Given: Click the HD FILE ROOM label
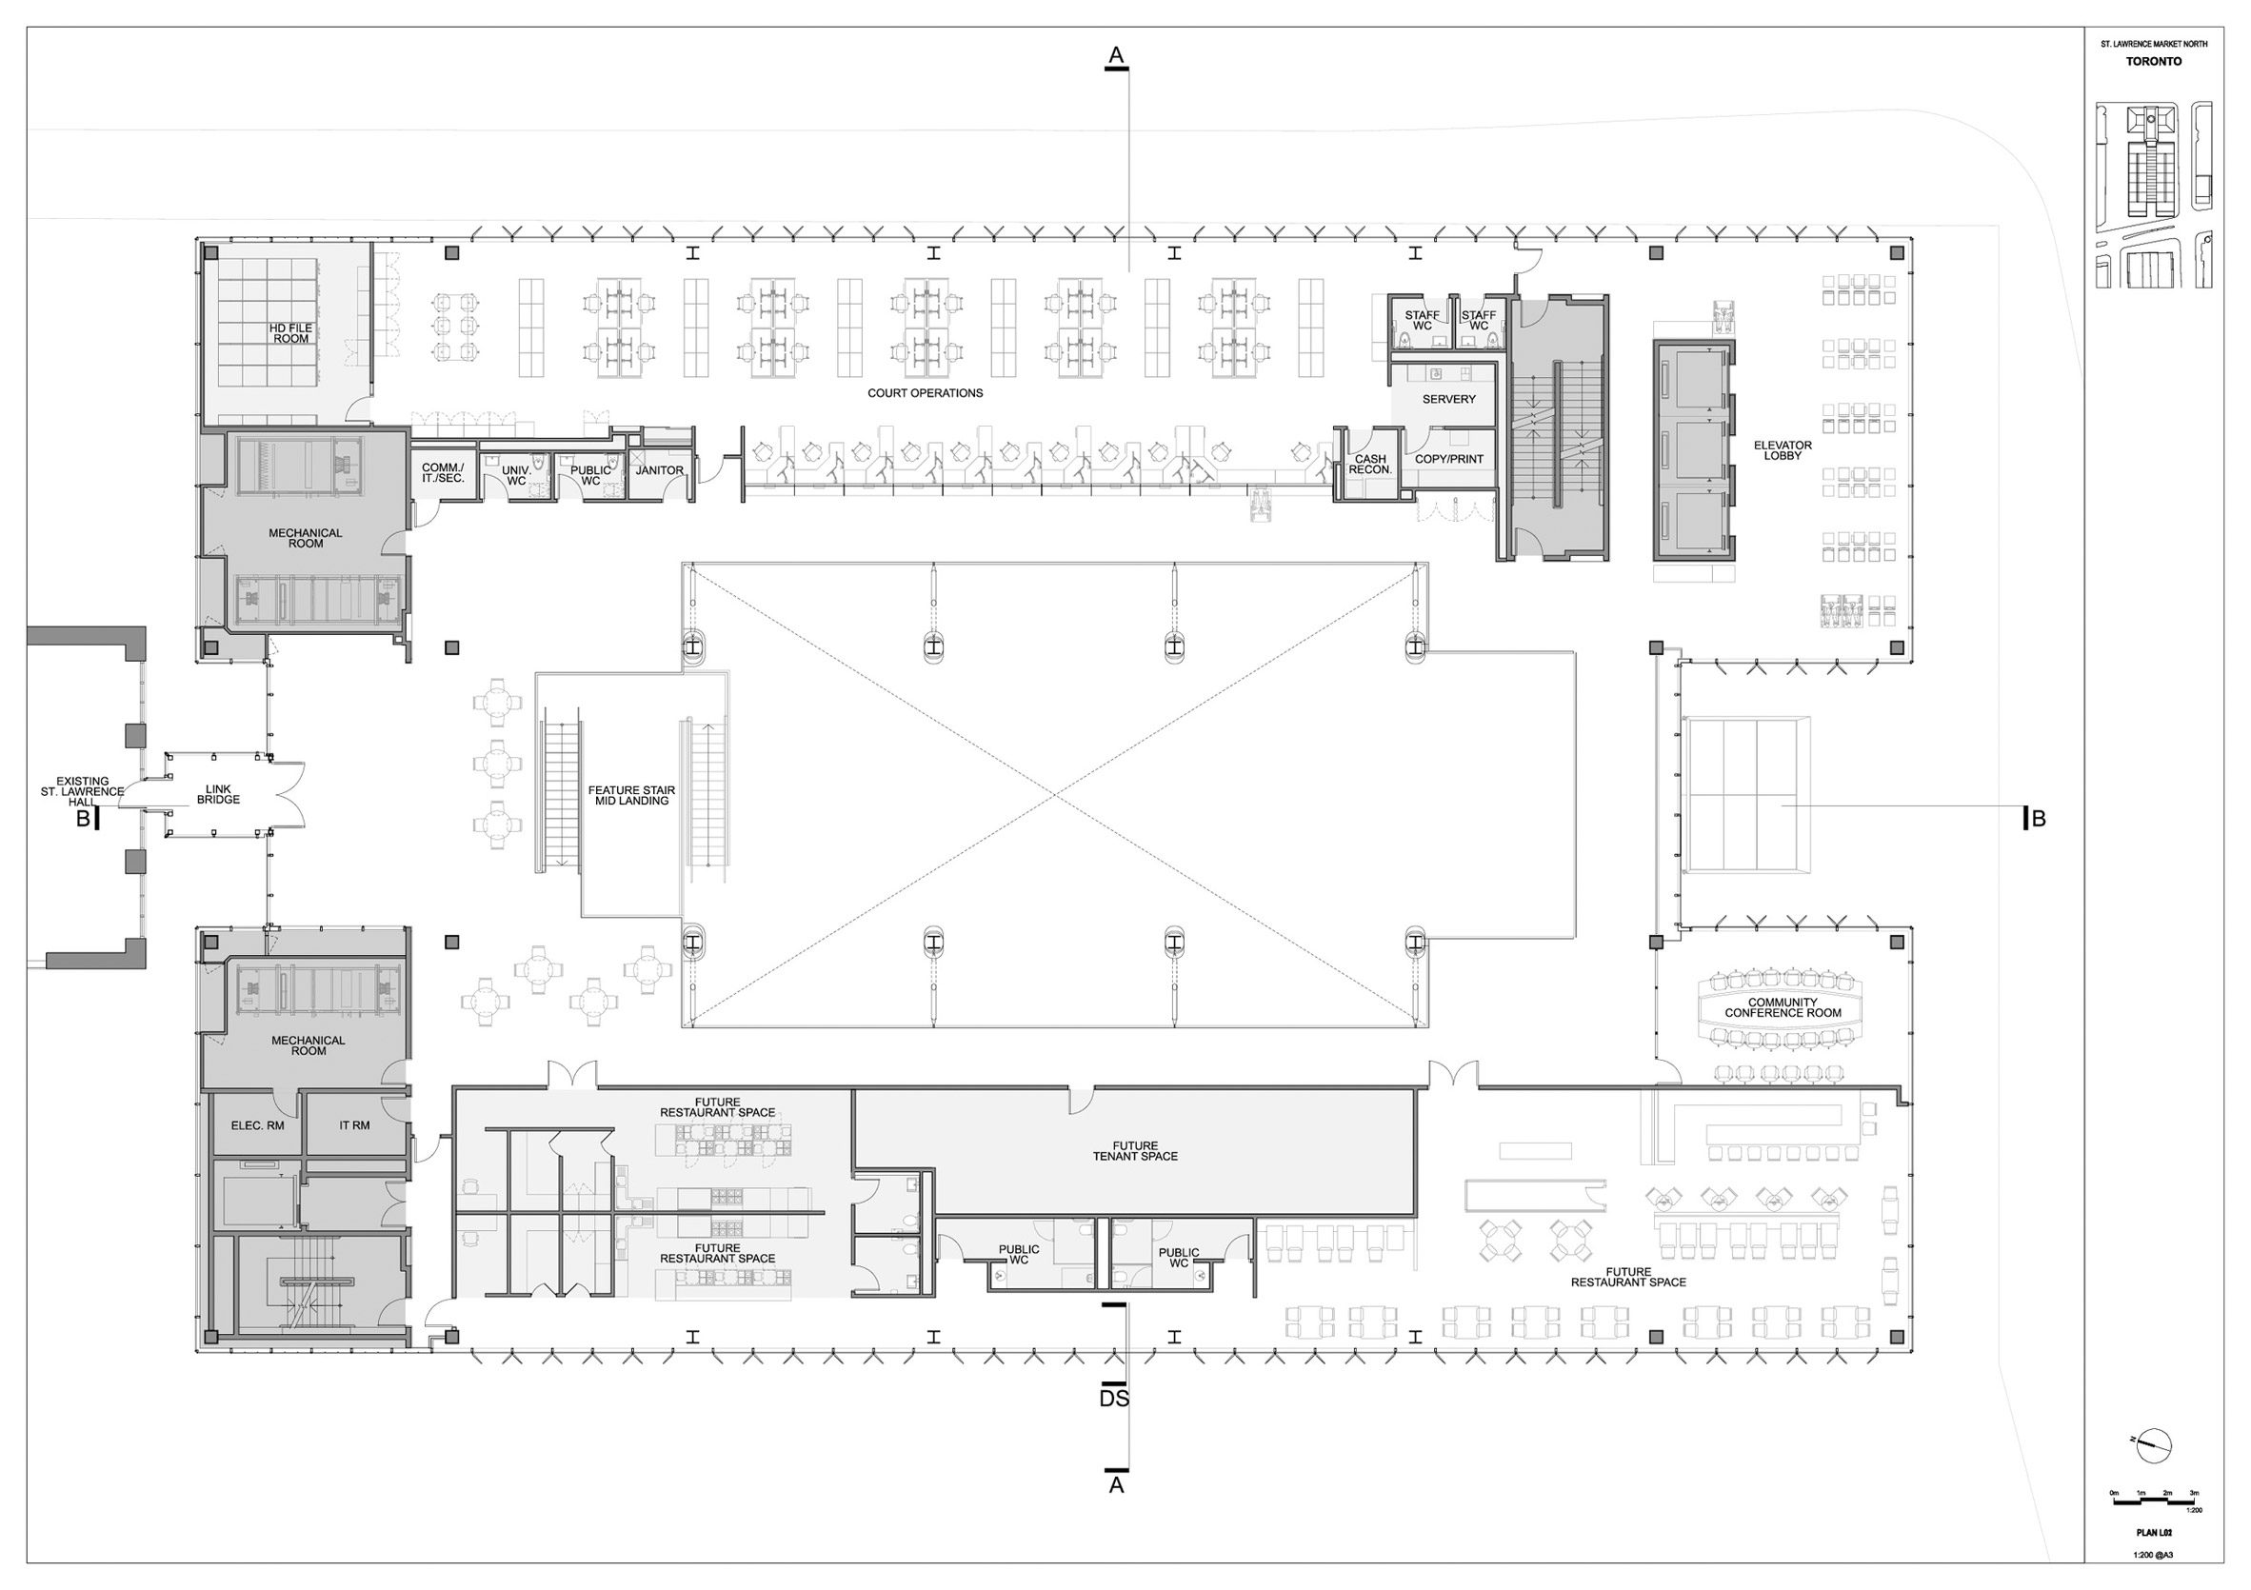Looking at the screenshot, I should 290,333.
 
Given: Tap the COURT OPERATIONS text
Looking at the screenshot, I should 925,393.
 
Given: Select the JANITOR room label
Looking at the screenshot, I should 660,470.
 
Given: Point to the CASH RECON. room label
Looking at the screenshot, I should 1369,465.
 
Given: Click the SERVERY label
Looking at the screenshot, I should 1448,399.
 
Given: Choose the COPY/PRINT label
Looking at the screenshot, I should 1448,459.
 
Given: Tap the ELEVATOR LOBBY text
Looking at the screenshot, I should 1783,451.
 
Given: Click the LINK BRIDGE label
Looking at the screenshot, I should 218,794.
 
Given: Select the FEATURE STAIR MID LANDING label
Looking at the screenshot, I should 631,795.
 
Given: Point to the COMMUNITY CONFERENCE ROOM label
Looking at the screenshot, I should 1783,1007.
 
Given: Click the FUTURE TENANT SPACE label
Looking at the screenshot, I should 1134,1151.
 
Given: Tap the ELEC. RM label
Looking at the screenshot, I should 258,1125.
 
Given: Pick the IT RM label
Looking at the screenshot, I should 354,1125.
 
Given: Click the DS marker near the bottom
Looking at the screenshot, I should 1115,1399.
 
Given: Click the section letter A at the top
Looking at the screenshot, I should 1115,57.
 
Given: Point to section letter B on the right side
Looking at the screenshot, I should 2039,820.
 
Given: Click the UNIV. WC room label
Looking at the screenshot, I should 516,475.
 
